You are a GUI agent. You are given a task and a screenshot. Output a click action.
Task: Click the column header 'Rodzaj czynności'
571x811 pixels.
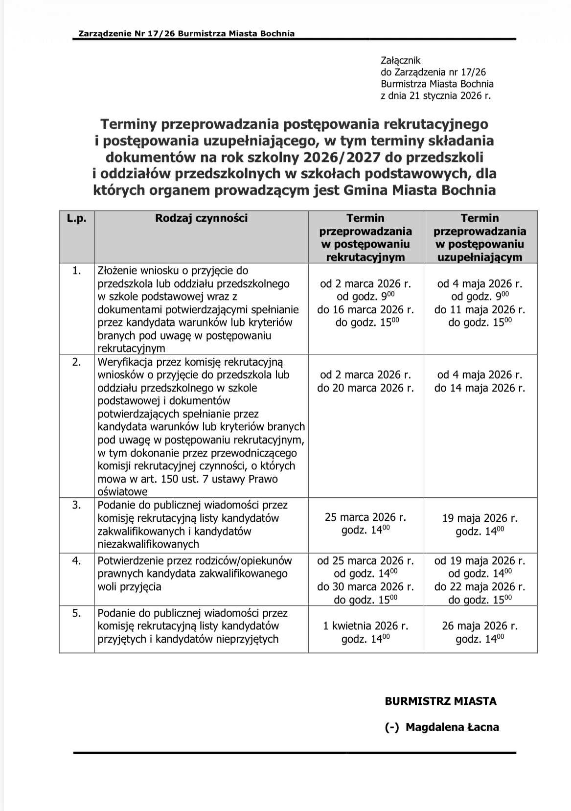201,218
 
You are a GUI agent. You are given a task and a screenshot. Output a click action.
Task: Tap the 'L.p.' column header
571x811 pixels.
76,218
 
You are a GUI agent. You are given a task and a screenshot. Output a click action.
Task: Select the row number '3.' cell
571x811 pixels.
77,505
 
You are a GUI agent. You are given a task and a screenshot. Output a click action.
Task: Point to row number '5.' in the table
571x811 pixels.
77,613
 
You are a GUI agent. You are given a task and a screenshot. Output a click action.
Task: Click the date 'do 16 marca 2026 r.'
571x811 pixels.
365,310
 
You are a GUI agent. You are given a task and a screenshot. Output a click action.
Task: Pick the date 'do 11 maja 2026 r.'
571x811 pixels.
480,310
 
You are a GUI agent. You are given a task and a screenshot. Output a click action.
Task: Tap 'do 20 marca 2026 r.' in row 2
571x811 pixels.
365,388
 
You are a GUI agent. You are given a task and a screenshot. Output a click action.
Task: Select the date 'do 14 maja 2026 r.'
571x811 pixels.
480,388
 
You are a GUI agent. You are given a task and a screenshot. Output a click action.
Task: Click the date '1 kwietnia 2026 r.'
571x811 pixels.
365,626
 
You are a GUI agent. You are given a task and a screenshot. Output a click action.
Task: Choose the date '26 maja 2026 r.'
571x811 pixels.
480,626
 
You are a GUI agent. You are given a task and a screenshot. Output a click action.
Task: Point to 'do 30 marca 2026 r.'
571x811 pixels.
365,587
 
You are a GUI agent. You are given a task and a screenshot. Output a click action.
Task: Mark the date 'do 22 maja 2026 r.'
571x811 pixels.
480,587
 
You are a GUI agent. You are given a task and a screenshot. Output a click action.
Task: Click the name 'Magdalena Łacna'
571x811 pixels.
452,727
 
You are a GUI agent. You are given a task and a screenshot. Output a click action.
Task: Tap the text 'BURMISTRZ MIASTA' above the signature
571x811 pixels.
440,701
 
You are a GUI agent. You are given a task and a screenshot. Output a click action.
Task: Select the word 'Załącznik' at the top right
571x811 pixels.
400,61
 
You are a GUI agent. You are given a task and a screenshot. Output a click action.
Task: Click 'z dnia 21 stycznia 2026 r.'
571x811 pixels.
435,96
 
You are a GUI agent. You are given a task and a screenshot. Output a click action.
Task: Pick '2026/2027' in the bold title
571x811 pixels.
335,157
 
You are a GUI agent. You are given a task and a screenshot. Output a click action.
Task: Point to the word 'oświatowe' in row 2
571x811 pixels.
122,492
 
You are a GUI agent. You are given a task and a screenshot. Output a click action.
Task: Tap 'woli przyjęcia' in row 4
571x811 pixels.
129,587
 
